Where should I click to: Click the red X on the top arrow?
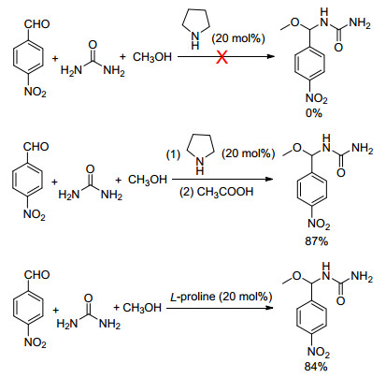222,57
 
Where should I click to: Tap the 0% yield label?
314,113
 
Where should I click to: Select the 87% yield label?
317,240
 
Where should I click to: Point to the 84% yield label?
316,367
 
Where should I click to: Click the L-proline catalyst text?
221,297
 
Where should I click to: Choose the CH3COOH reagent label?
216,192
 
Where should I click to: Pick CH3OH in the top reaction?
152,57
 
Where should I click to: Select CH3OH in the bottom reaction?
142,308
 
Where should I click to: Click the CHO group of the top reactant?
36,23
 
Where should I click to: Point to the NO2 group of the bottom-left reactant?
35,343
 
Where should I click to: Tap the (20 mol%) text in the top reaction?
238,38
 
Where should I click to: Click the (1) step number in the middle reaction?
173,154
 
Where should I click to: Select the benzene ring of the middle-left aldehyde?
27,181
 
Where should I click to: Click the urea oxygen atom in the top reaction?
93,45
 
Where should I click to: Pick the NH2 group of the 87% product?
363,148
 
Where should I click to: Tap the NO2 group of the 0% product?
317,99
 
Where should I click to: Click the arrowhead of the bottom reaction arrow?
269,308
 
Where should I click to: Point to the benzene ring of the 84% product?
312,318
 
